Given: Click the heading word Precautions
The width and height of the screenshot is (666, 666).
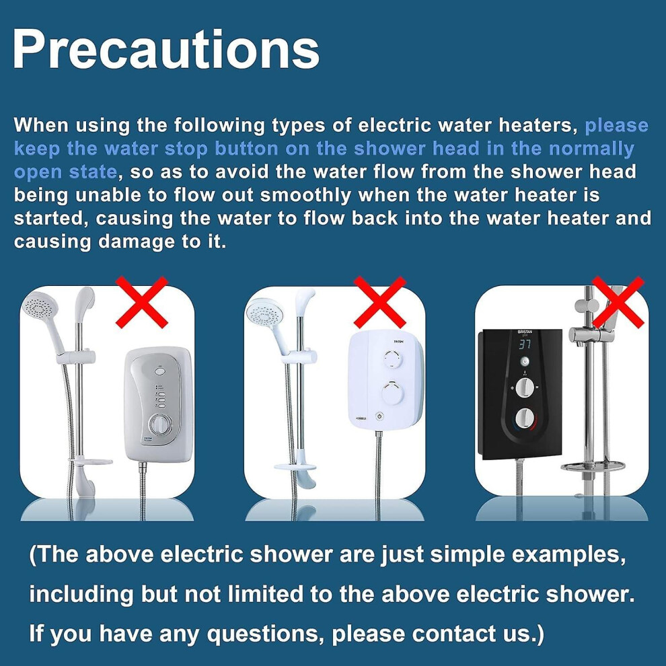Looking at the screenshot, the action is click(x=166, y=50).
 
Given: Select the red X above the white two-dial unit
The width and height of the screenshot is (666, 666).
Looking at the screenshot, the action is click(x=380, y=301).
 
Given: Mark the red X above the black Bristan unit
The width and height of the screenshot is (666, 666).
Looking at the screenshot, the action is click(x=618, y=301).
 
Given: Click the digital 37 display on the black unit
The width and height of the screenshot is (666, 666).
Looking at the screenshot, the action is click(x=525, y=344).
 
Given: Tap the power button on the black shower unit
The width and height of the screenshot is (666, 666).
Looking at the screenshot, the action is click(x=525, y=361).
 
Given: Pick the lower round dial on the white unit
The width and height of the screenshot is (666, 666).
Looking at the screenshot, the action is click(x=392, y=392).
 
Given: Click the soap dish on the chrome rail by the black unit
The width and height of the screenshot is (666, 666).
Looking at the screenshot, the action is click(x=593, y=467).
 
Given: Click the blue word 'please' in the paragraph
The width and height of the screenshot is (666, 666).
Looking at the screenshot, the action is click(x=616, y=126).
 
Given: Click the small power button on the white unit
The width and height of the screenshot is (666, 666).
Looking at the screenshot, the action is click(x=379, y=416).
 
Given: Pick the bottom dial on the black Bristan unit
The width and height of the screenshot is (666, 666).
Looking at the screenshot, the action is click(x=525, y=419).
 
